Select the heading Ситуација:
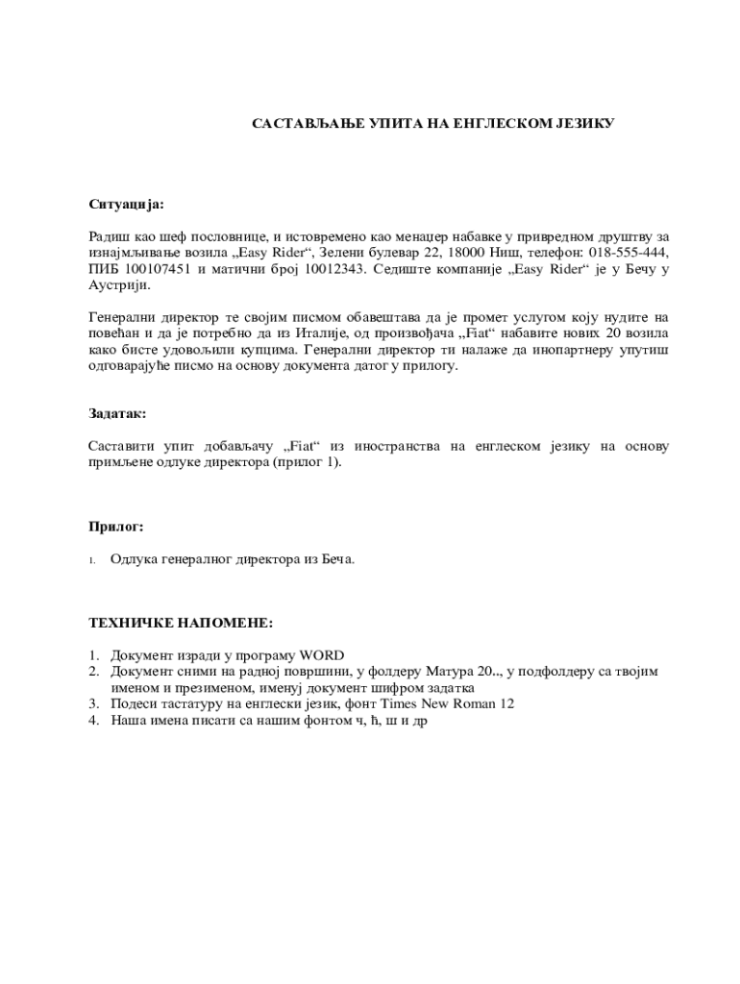126,204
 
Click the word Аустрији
119,285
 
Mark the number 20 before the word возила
614,333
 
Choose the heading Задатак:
117,413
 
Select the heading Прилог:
116,527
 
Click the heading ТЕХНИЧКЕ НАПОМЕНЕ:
181,623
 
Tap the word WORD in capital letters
323,655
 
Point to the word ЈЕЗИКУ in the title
577,123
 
